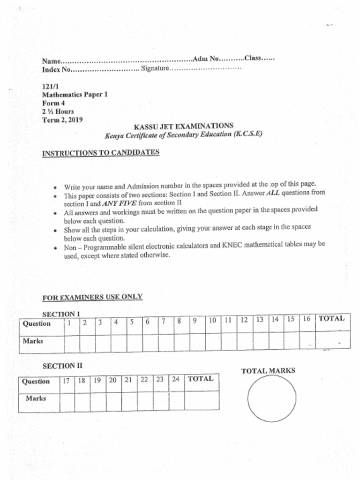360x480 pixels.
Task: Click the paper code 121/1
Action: (x=49, y=87)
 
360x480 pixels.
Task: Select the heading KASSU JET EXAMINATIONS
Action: (x=183, y=126)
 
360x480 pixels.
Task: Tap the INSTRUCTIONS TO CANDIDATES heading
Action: (x=101, y=152)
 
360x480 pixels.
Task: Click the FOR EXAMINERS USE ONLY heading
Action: (x=92, y=297)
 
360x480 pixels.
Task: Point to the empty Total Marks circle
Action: (x=271, y=398)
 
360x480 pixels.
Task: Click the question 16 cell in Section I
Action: (x=307, y=320)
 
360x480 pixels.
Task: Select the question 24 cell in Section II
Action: (x=176, y=379)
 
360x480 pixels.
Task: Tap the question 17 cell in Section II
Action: (x=67, y=381)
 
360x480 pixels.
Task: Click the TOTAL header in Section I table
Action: (x=332, y=319)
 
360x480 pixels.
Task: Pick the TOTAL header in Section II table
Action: (x=201, y=379)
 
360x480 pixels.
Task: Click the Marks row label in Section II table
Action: (x=36, y=398)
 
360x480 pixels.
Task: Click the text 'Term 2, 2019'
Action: (x=62, y=120)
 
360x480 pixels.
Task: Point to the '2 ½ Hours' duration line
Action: (x=58, y=112)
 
